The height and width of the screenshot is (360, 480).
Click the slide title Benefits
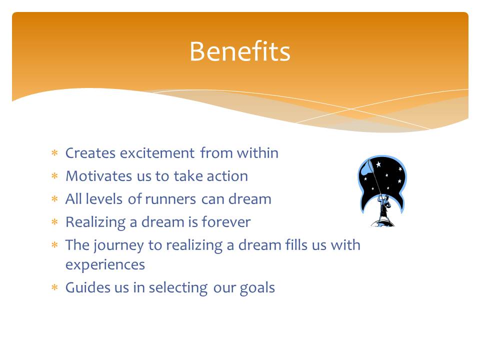(239, 51)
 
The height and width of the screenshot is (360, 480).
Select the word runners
(170, 199)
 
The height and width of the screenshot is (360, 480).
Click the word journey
(118, 245)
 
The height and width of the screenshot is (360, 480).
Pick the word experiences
(105, 265)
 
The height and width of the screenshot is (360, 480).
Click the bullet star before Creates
(54, 152)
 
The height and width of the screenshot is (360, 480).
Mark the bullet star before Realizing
(54, 221)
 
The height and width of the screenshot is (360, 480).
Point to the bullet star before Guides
(54, 287)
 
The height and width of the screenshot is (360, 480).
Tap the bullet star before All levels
(54, 198)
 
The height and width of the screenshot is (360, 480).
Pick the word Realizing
(95, 222)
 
